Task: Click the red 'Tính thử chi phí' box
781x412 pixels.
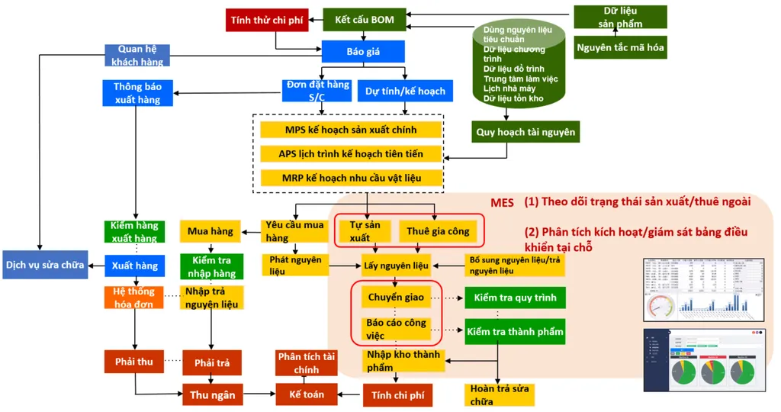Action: (267, 20)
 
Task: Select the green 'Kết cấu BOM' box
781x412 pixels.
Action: (365, 20)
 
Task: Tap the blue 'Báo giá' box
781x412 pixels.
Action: (363, 52)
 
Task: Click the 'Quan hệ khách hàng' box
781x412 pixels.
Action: (137, 55)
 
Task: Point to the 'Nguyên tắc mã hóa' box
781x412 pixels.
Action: (620, 47)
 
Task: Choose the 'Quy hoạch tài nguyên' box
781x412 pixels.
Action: (525, 132)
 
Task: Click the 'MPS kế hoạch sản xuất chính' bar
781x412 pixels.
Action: (351, 130)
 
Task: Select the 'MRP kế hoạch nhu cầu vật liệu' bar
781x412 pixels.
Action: (351, 178)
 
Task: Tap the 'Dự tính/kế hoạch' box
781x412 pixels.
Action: (405, 92)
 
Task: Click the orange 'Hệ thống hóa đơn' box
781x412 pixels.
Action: (134, 298)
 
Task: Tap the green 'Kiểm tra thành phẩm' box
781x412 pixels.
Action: (516, 331)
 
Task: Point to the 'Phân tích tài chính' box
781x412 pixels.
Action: (306, 363)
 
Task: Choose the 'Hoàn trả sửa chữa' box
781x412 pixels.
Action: (499, 395)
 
